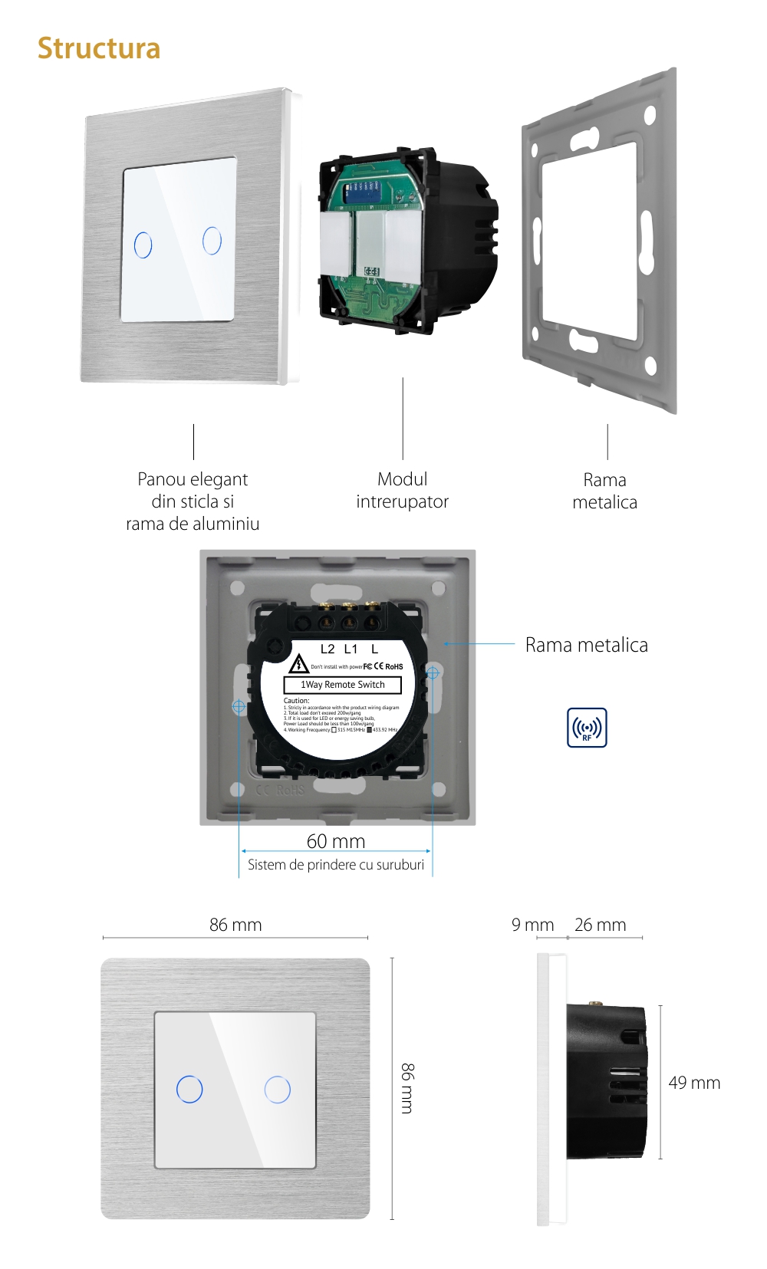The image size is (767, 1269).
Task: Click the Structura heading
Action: click(x=99, y=48)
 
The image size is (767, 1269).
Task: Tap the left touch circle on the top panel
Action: click(x=143, y=245)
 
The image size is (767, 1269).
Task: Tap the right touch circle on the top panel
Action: click(x=212, y=240)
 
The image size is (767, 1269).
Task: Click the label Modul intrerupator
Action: click(x=402, y=491)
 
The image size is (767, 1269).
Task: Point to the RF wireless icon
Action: click(x=587, y=728)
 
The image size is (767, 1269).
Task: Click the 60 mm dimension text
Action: click(x=336, y=841)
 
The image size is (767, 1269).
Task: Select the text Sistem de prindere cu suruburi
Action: click(x=336, y=865)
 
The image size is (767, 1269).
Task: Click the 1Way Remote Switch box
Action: click(x=343, y=685)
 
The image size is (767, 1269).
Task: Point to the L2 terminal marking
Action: click(x=328, y=649)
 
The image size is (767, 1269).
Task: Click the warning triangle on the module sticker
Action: click(x=298, y=664)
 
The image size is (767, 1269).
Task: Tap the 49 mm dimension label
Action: click(x=694, y=1083)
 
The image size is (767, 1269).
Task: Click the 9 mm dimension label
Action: click(x=532, y=925)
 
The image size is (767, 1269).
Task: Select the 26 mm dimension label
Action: click(x=601, y=925)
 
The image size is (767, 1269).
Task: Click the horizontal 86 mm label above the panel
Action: click(x=235, y=925)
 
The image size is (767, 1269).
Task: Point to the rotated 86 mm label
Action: click(x=407, y=1088)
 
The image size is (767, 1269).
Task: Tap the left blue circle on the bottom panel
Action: click(x=189, y=1089)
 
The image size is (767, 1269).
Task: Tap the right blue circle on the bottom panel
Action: click(x=278, y=1089)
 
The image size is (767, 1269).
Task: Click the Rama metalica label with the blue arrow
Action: click(x=586, y=645)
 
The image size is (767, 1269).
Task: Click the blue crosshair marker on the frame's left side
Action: click(x=239, y=705)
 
